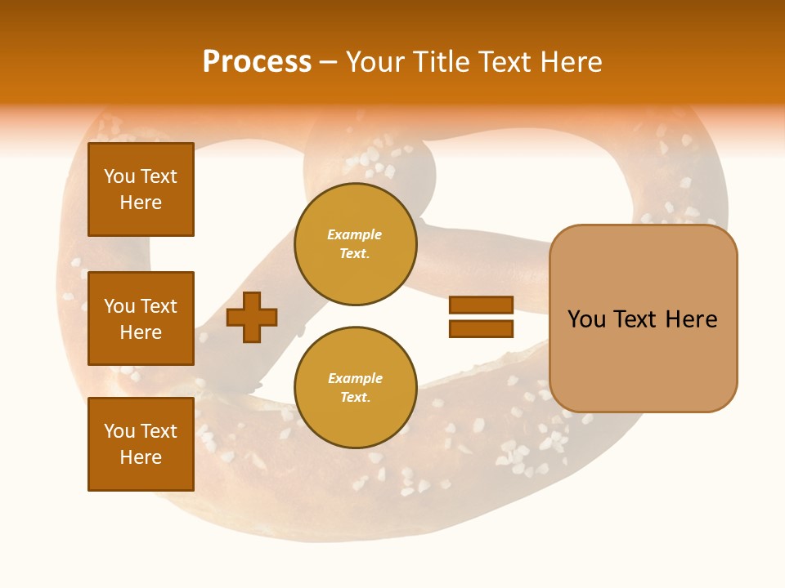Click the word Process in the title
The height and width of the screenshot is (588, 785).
click(x=257, y=62)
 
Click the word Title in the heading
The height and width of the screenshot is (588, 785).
click(x=443, y=62)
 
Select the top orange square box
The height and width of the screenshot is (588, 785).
click(x=141, y=189)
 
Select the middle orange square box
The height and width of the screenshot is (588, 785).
click(x=141, y=318)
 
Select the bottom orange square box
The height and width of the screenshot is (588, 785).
click(x=141, y=444)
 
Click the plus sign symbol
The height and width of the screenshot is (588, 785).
click(x=252, y=317)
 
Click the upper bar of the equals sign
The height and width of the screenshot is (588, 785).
click(x=481, y=305)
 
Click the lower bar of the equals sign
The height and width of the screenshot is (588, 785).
click(x=481, y=328)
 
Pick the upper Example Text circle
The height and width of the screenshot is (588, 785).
click(x=355, y=244)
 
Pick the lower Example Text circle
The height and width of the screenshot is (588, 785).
click(x=355, y=388)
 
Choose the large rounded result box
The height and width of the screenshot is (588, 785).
click(x=643, y=318)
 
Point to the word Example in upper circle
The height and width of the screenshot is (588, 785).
click(x=355, y=234)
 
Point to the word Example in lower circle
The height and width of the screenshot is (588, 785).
click(x=355, y=378)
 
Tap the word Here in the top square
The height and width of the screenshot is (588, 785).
click(x=141, y=203)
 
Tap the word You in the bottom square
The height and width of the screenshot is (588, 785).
click(x=119, y=431)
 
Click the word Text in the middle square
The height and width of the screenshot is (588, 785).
click(x=159, y=306)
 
